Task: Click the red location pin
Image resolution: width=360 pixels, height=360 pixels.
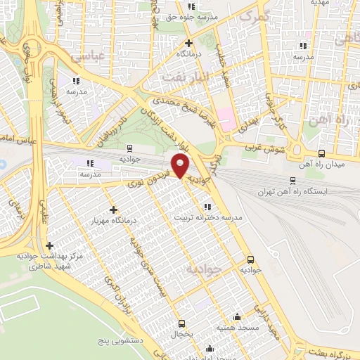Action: [181, 166]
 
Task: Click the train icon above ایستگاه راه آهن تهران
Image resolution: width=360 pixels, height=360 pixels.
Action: [293, 180]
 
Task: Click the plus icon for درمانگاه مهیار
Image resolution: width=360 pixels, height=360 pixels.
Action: [113, 210]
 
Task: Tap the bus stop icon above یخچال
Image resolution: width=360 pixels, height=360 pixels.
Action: [182, 324]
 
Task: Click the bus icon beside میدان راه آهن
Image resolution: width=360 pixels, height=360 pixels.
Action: [321, 153]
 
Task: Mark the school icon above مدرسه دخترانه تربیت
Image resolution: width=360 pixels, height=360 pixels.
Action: [207, 207]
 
